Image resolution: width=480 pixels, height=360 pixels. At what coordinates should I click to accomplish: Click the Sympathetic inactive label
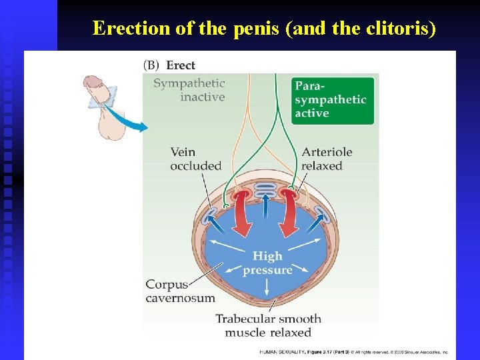(189, 90)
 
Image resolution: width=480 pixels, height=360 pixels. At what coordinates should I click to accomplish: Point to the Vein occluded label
(195, 159)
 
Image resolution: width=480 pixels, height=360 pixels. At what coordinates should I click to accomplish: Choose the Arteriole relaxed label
(327, 159)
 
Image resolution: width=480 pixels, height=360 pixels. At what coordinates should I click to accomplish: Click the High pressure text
(267, 263)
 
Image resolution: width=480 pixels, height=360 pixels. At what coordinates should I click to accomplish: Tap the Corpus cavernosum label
(180, 291)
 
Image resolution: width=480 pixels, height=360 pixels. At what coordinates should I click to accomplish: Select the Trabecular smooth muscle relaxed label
(268, 325)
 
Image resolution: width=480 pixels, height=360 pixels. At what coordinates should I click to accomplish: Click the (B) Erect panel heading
(170, 65)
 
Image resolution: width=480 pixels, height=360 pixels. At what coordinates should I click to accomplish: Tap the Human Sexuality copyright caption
(353, 351)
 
